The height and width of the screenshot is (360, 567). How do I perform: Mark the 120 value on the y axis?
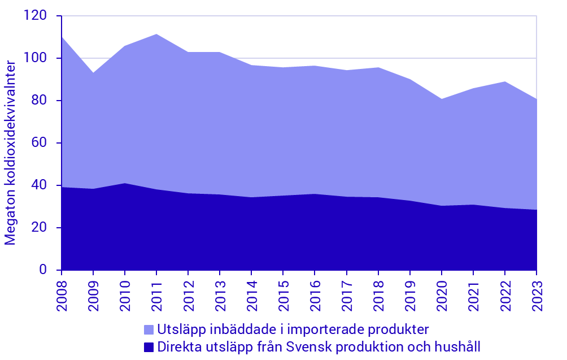click(36, 16)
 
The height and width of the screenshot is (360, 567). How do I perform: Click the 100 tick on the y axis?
click(36, 58)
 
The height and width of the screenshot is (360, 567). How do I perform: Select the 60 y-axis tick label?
click(40, 143)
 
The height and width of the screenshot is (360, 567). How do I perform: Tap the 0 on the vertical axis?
click(43, 270)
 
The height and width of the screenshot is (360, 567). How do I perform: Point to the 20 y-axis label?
click(40, 228)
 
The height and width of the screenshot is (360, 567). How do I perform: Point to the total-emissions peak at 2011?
click(156, 34)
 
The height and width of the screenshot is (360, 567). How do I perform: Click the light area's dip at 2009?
click(93, 73)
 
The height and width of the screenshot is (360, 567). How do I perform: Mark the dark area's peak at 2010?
click(125, 184)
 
